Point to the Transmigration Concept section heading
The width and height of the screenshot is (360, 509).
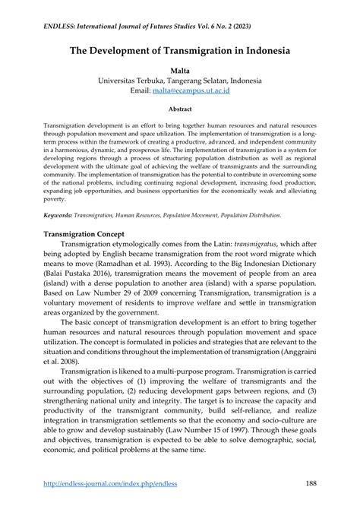[x=90, y=233]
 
